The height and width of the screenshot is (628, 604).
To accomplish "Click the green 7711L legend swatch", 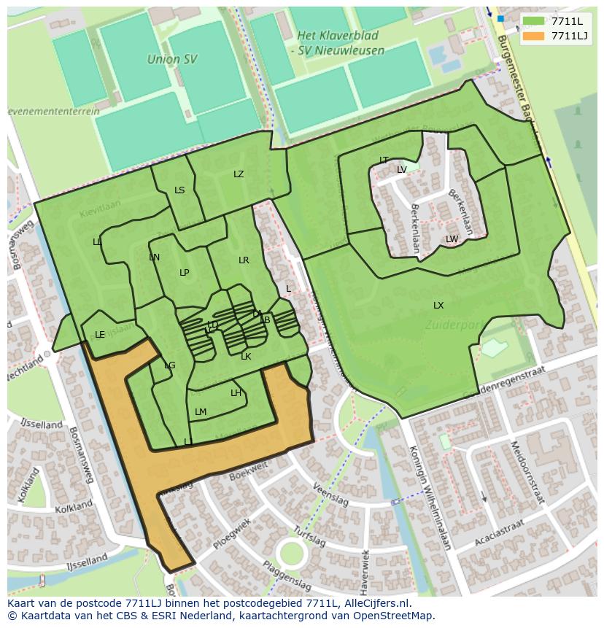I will click(x=534, y=22).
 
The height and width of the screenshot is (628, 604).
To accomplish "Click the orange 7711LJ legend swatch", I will click(x=534, y=36).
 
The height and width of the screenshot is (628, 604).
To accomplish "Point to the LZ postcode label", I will click(x=239, y=174).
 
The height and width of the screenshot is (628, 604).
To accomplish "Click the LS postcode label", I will click(x=179, y=190).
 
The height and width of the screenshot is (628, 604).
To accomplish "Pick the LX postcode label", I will click(x=438, y=306).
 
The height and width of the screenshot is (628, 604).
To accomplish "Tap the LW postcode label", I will click(x=452, y=239).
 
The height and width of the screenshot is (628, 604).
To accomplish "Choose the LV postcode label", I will click(x=402, y=170).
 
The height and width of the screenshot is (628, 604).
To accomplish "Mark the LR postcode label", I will click(x=244, y=260).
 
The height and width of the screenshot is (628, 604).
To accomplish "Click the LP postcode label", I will click(x=185, y=273).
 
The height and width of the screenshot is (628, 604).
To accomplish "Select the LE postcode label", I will click(x=100, y=335).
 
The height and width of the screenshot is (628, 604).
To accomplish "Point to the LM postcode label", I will click(x=201, y=412).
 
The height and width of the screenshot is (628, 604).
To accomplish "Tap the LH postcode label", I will click(x=236, y=393).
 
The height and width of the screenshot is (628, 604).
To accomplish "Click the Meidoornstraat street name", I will click(x=524, y=472).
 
